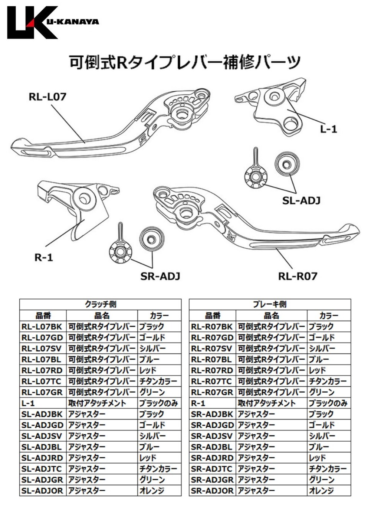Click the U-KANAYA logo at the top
point(52,22)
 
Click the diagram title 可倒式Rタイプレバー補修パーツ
point(184,62)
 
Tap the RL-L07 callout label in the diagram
point(47,97)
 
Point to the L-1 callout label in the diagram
point(328,129)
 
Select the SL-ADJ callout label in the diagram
point(301,200)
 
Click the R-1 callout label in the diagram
point(44,257)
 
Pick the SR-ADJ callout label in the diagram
point(160,276)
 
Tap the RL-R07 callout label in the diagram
point(298,276)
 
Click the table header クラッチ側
point(100,304)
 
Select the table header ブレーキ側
point(270,304)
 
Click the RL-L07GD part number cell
point(42,338)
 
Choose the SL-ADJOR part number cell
point(42,491)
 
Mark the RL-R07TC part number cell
point(212,381)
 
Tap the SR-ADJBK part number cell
point(212,414)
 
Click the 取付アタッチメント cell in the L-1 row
point(97,403)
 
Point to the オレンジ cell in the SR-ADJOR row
point(321,491)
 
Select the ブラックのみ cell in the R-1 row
point(328,403)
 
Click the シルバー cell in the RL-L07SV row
point(152,349)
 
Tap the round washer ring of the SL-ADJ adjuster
point(287,164)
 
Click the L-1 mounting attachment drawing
point(276,108)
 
